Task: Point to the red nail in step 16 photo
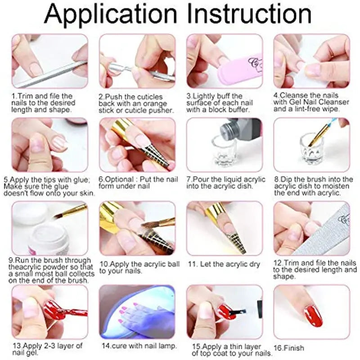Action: [x=313, y=315]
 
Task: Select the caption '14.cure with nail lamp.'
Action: [x=139, y=346]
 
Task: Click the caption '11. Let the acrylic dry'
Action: [x=224, y=264]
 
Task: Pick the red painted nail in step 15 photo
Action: [x=225, y=312]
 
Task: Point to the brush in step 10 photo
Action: [x=160, y=223]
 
